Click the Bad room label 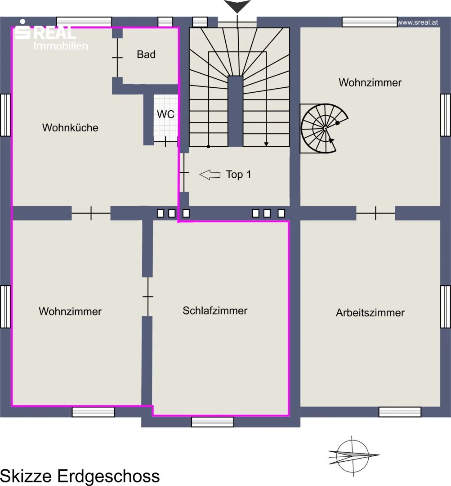[x=146, y=54]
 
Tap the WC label [x=166, y=114]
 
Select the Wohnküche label [x=70, y=128]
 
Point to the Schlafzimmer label [x=215, y=310]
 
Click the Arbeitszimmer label [x=370, y=313]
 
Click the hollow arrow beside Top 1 [x=210, y=175]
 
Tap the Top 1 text [x=238, y=175]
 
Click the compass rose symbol [x=353, y=455]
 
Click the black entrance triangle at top [x=237, y=6]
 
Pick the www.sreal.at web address [x=418, y=22]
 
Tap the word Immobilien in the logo [x=61, y=46]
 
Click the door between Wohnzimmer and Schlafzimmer [x=148, y=297]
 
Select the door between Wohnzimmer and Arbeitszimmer [x=375, y=213]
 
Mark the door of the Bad [x=117, y=58]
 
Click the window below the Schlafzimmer [x=213, y=422]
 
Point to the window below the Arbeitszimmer [x=400, y=412]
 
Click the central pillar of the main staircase [x=236, y=111]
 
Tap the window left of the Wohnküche [x=5, y=115]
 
